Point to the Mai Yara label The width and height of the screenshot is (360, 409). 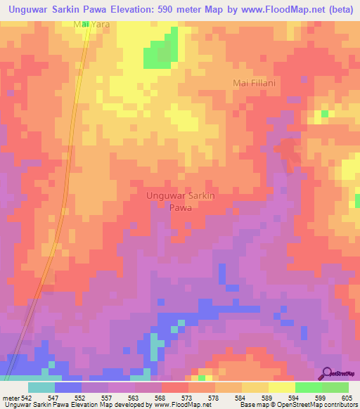tap(91, 24)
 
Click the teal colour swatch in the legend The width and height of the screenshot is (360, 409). tap(41, 387)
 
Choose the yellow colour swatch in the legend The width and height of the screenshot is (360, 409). tap(282, 387)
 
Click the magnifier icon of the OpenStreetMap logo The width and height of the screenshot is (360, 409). tap(327, 372)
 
